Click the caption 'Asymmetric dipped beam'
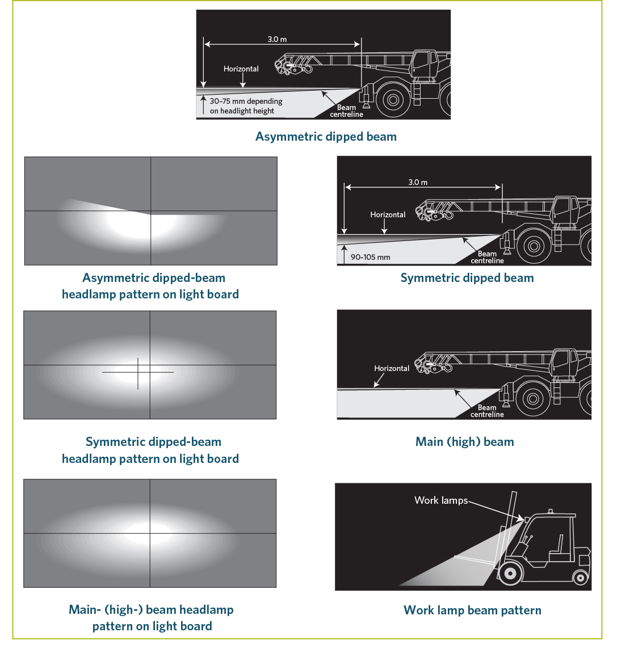326,137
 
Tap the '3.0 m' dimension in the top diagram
277,39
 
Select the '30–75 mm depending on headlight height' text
246,106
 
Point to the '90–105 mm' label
370,257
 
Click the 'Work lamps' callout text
441,500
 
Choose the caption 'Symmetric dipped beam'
467,278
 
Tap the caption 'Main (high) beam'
464,441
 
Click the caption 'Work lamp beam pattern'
472,610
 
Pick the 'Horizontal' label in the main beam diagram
392,368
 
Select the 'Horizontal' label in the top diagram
241,69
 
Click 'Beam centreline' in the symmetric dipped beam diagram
487,257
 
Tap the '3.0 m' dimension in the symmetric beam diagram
418,182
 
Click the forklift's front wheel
510,574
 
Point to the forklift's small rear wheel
580,578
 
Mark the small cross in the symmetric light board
138,373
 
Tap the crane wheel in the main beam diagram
534,399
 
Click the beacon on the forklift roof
551,512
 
